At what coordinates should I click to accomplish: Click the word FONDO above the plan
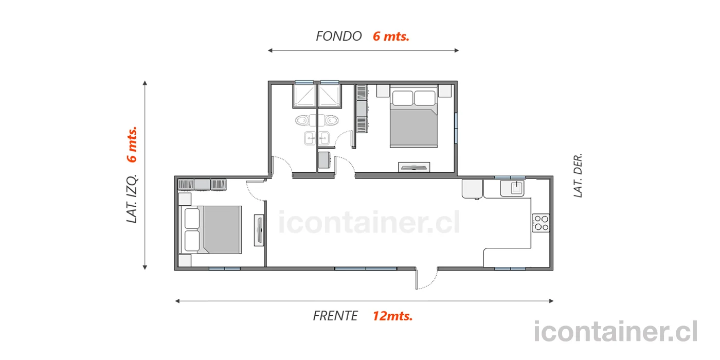click(339, 37)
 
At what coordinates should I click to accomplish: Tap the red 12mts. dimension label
click(392, 316)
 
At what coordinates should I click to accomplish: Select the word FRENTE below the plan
click(335, 316)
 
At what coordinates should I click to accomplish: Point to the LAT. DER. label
click(578, 175)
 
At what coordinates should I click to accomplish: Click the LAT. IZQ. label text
click(132, 199)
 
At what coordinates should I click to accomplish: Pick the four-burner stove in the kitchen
click(541, 223)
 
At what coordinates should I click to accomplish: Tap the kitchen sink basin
click(516, 188)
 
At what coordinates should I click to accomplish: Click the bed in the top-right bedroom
click(413, 116)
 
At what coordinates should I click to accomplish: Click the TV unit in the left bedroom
click(259, 230)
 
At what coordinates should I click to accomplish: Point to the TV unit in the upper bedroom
click(414, 167)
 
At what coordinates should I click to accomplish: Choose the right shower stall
click(329, 96)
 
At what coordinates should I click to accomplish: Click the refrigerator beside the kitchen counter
click(472, 189)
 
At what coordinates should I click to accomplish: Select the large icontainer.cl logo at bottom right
click(615, 332)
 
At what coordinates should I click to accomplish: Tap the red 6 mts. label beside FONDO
click(391, 37)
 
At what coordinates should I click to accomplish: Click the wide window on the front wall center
click(366, 268)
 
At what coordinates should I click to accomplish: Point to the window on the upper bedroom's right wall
click(456, 128)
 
